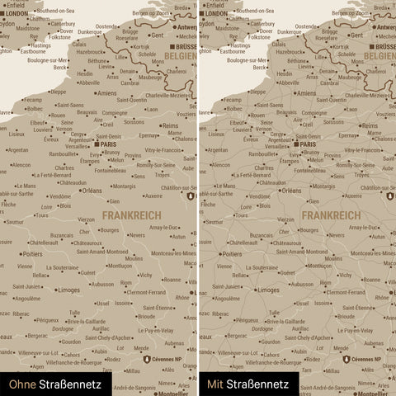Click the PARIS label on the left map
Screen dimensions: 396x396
click(x=107, y=144)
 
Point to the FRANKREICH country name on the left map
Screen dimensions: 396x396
click(x=132, y=214)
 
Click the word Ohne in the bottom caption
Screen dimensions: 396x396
click(x=16, y=384)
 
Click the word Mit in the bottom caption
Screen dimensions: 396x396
click(x=214, y=384)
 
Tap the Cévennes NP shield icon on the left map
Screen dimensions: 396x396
click(x=146, y=360)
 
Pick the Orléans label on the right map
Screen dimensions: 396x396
click(x=292, y=191)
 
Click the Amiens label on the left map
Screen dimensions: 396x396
click(x=106, y=93)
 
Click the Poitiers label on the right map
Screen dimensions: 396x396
click(x=231, y=254)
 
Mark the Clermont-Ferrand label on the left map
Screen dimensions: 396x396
click(x=146, y=292)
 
